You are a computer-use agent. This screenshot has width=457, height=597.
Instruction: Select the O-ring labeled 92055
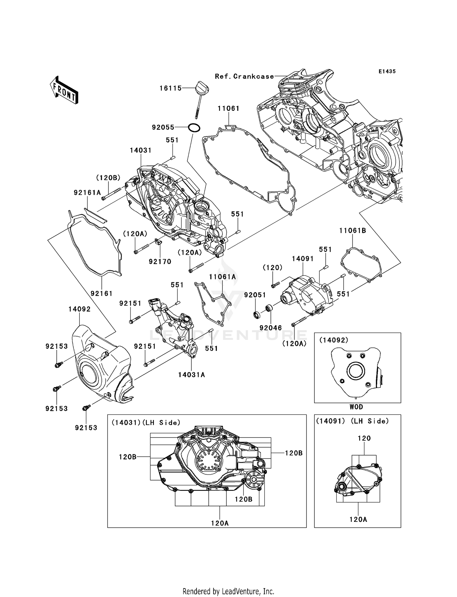click(194, 128)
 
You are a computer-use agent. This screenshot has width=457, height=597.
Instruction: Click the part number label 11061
click(228, 108)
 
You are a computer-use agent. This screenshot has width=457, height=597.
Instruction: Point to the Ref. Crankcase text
click(244, 76)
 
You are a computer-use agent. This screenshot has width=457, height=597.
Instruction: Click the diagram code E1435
click(387, 71)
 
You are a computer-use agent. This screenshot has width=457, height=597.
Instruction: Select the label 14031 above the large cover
click(140, 150)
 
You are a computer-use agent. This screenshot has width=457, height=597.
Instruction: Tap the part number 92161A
click(87, 192)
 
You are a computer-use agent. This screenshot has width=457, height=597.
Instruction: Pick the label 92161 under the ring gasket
click(101, 293)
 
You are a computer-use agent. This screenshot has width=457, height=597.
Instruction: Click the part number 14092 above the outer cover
click(79, 309)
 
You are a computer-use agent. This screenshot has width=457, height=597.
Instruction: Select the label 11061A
click(222, 277)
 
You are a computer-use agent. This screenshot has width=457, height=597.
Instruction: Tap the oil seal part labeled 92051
click(257, 314)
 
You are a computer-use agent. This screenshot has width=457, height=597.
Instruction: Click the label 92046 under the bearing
click(271, 328)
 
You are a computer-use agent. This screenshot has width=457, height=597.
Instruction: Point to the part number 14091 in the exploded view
click(303, 259)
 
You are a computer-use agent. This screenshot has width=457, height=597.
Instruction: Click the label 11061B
click(352, 231)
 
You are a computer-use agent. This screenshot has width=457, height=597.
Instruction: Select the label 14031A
click(191, 375)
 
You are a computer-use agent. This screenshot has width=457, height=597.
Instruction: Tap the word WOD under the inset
click(356, 407)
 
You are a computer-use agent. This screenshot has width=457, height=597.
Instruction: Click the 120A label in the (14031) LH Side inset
click(220, 523)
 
